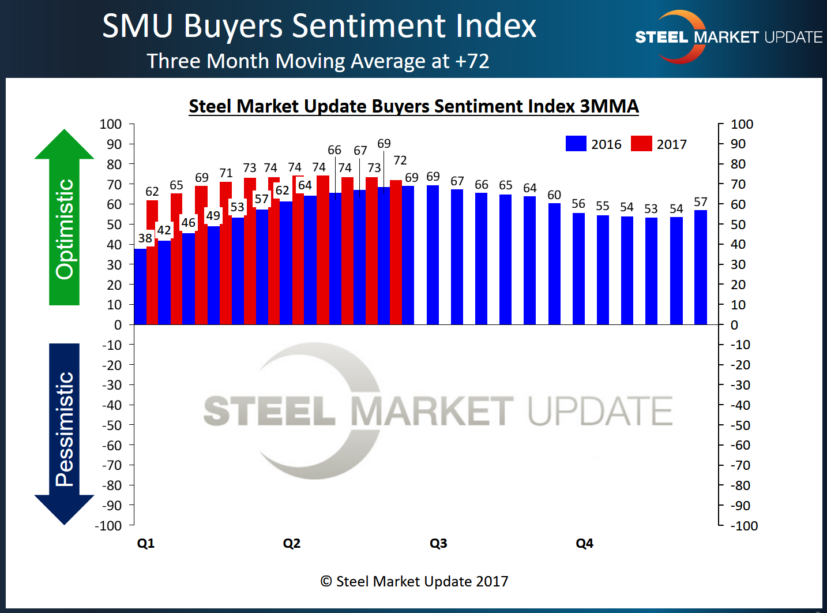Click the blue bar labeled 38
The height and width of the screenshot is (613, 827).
[140, 286]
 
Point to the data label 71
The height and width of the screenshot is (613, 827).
[226, 173]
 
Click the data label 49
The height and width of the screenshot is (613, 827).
[213, 215]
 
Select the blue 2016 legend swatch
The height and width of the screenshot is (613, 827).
[576, 144]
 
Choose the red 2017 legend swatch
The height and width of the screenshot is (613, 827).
[641, 144]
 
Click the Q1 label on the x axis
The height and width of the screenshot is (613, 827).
[146, 543]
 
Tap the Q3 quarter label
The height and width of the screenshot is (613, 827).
[438, 543]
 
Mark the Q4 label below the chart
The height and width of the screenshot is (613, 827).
[584, 543]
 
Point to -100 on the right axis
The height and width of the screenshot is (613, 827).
[743, 526]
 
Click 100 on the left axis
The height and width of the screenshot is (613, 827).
[110, 124]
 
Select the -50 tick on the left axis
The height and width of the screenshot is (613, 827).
[112, 425]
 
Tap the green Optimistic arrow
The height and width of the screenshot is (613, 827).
[64, 219]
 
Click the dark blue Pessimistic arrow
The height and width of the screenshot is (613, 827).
[64, 433]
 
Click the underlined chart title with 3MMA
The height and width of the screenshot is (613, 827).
[413, 106]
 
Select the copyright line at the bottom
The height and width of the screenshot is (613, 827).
[414, 581]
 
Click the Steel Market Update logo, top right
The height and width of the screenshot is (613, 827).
[728, 37]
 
